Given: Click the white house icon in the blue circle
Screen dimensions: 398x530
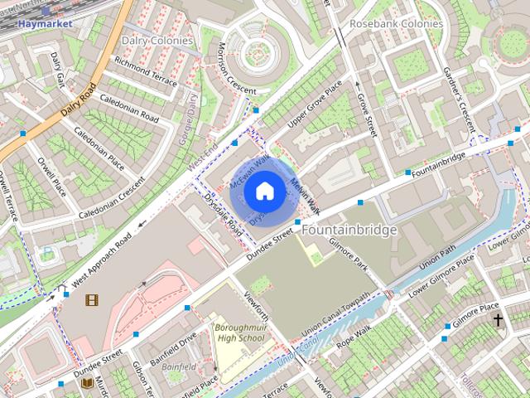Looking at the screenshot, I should (x=263, y=192).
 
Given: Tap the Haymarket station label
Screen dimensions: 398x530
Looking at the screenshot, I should (x=41, y=24).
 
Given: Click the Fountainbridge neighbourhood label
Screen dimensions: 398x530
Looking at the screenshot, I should (x=349, y=229).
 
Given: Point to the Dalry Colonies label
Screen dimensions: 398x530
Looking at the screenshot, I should (x=157, y=40).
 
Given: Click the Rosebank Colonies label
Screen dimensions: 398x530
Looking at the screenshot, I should (x=396, y=23).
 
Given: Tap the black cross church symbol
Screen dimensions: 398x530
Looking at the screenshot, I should (x=498, y=319).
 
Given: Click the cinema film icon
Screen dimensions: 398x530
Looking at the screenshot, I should (x=91, y=299).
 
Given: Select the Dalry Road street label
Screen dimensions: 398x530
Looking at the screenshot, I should (x=79, y=100).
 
